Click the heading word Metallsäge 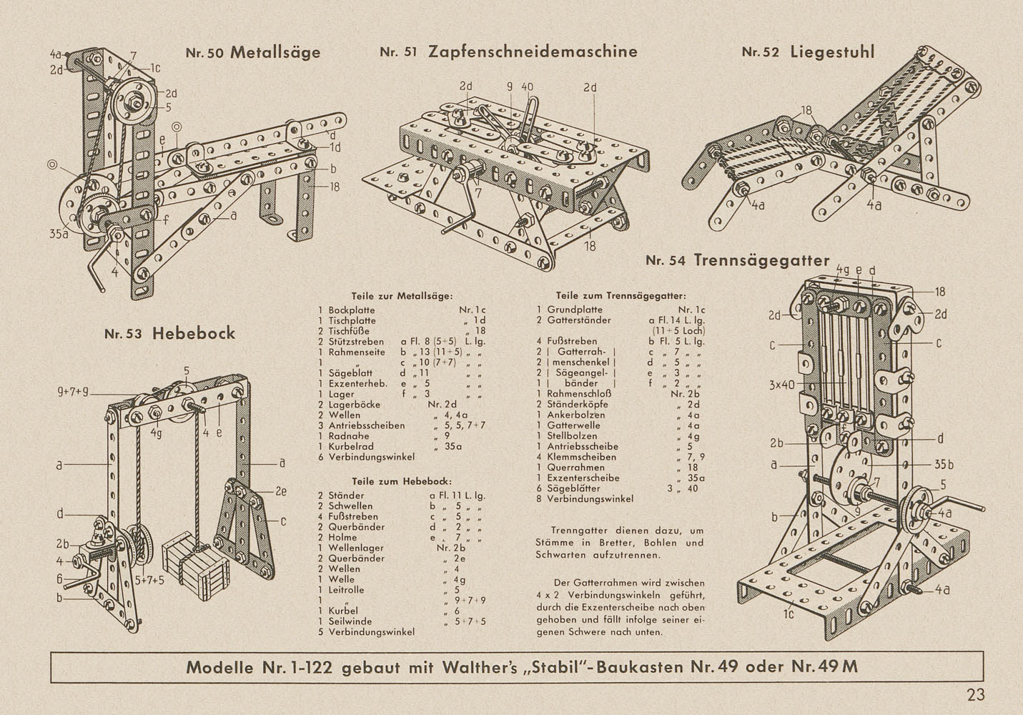[275, 52]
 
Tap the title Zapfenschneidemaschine [533, 51]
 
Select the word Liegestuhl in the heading [832, 51]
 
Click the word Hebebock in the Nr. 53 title [193, 333]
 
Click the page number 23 [976, 694]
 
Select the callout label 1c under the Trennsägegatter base [789, 613]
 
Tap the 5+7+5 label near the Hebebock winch [149, 580]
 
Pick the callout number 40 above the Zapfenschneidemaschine [527, 87]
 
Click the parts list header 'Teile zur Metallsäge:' [402, 295]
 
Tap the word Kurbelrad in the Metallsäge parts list [353, 445]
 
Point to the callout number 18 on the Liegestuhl [806, 111]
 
